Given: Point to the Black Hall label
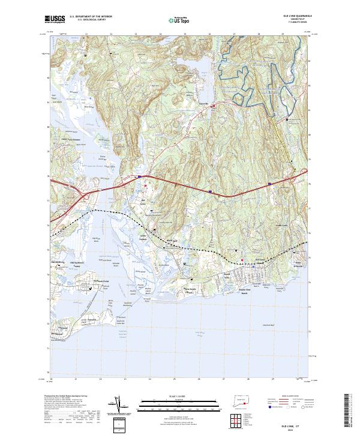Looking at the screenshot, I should pyautogui.click(x=171, y=238).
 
